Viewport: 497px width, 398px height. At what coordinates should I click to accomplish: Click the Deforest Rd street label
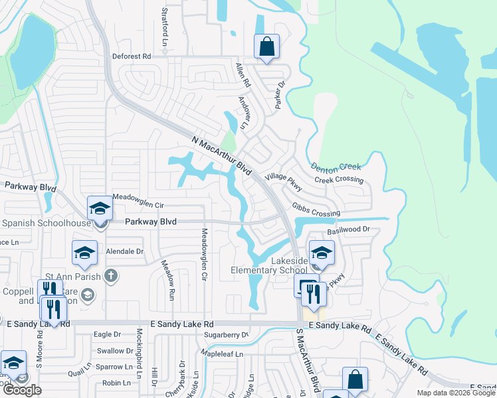pyautogui.click(x=132, y=56)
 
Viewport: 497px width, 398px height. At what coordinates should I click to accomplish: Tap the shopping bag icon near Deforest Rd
pyautogui.click(x=266, y=47)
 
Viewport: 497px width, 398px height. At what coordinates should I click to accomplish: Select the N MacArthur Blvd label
pyautogui.click(x=223, y=156)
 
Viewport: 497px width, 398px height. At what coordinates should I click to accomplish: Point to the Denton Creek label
pyautogui.click(x=336, y=168)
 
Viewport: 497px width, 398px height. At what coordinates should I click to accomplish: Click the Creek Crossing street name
pyautogui.click(x=339, y=180)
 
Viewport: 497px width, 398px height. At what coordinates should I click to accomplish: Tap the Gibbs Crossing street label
pyautogui.click(x=316, y=210)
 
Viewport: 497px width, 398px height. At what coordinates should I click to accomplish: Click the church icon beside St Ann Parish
pyautogui.click(x=111, y=275)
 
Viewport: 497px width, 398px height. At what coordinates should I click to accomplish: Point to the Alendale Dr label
pyautogui.click(x=126, y=252)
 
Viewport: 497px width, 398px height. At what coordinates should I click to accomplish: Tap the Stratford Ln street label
pyautogui.click(x=164, y=23)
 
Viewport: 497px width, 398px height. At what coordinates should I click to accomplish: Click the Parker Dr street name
pyautogui.click(x=280, y=95)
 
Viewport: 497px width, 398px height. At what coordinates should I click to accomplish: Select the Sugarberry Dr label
pyautogui.click(x=227, y=335)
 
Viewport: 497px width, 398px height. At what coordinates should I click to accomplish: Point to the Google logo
pyautogui.click(x=22, y=390)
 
